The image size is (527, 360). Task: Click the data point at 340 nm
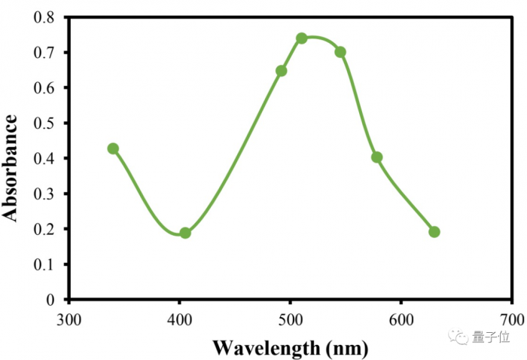coord(113,148)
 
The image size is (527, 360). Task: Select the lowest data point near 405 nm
coord(185,233)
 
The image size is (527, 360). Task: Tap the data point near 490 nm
coord(281,71)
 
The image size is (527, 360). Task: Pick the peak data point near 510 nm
coord(301,38)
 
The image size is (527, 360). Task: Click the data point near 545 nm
coord(340,52)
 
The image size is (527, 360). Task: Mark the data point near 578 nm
coord(376,157)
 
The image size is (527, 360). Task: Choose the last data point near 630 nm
coord(434,232)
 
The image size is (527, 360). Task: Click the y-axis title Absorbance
coord(11,167)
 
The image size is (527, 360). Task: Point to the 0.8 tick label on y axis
coord(44,17)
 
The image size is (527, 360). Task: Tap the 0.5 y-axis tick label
coord(44,123)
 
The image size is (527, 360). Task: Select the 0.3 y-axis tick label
coord(44,194)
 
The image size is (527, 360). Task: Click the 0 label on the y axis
coord(50,300)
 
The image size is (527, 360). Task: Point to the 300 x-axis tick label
coord(69,318)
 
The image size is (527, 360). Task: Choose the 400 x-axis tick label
coord(180,318)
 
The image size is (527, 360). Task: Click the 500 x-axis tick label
coord(291,318)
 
